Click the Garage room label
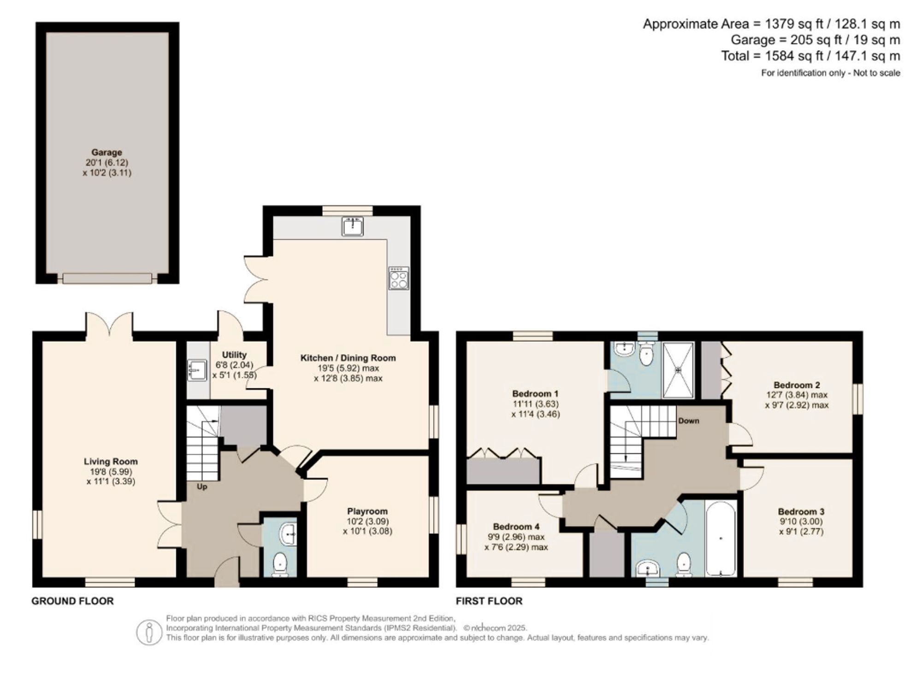(106, 152)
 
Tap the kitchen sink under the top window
(353, 226)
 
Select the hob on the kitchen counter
(398, 278)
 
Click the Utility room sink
(197, 370)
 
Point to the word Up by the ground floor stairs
(202, 486)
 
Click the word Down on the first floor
(688, 421)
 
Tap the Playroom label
(367, 511)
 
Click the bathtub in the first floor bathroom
(721, 538)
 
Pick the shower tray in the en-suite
(678, 370)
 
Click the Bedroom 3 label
(801, 511)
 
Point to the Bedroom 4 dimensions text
(516, 542)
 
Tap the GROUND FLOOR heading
(72, 601)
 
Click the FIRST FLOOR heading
(489, 601)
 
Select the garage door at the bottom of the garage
(107, 278)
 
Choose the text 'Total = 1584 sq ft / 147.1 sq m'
(810, 56)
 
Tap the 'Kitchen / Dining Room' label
(348, 358)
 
